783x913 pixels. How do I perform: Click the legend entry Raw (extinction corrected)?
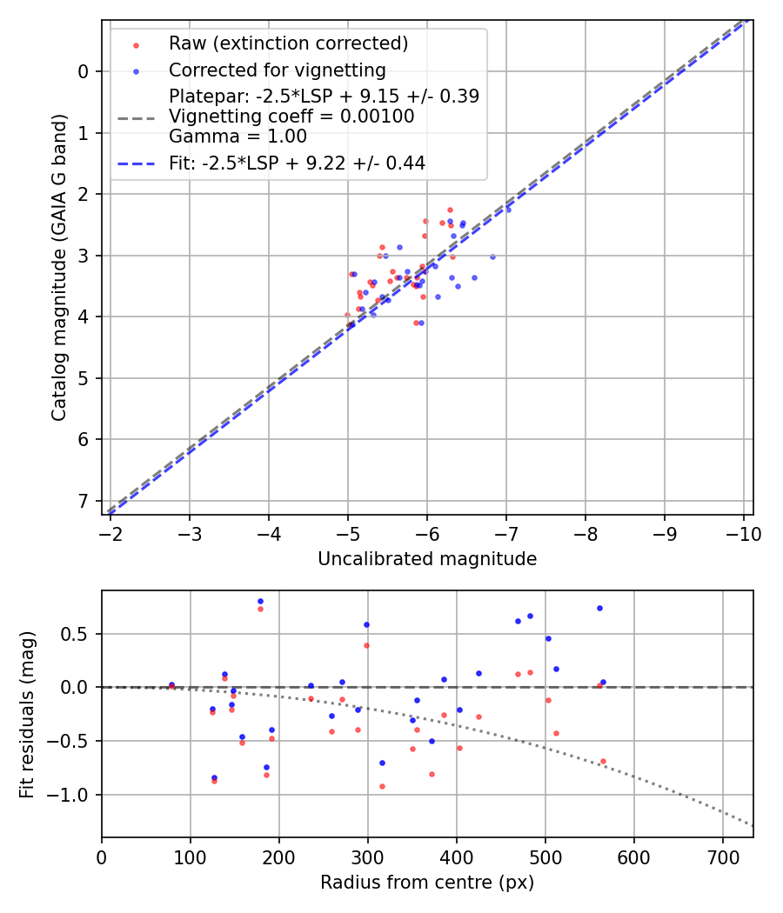(x=288, y=43)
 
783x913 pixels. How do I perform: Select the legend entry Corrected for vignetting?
(x=278, y=70)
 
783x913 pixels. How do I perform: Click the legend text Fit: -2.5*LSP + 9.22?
(x=297, y=163)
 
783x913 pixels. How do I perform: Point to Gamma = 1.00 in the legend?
(x=238, y=136)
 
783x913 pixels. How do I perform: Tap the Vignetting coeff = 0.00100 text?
(x=291, y=116)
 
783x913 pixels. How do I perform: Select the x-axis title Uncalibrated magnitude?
(x=427, y=559)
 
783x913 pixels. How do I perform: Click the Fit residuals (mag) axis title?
(x=28, y=714)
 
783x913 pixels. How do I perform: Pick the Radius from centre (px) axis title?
(x=427, y=883)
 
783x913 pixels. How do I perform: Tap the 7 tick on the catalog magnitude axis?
(x=84, y=501)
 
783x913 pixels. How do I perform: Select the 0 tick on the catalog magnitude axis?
(x=84, y=71)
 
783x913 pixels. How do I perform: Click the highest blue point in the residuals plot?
(x=260, y=602)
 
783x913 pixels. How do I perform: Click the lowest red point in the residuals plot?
(x=381, y=786)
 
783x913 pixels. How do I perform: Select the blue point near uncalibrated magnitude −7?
(x=508, y=210)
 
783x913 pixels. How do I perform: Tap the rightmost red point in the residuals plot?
(x=603, y=761)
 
